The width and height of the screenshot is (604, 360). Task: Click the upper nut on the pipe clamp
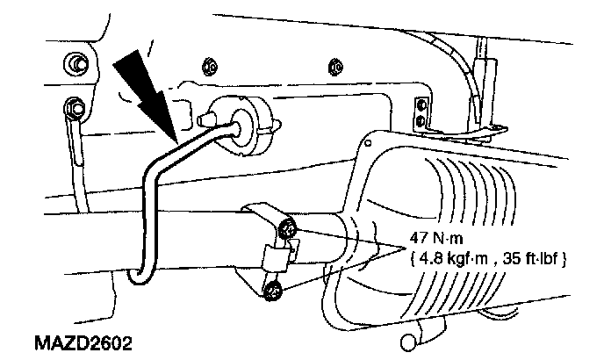[x=288, y=232]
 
